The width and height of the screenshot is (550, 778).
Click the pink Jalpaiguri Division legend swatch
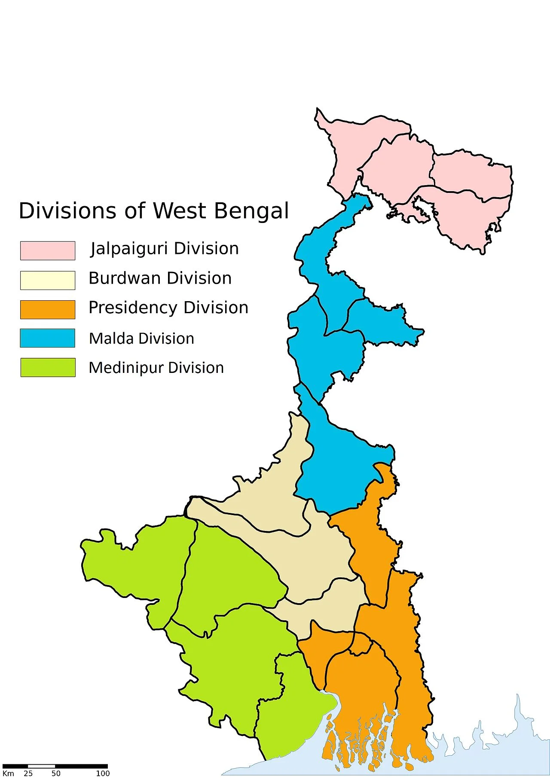[x=48, y=250]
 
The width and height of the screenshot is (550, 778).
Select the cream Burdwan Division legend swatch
[x=48, y=280]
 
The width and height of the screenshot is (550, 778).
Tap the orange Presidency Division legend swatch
[x=48, y=309]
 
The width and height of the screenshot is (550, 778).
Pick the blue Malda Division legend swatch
[x=48, y=338]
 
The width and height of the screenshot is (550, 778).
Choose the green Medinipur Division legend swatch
[x=48, y=367]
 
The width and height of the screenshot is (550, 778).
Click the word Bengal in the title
[x=251, y=211]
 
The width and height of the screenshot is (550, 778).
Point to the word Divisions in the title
[x=67, y=211]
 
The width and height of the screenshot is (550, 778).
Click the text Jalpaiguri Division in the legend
[x=164, y=249]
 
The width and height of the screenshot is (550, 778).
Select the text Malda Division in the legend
[x=141, y=339]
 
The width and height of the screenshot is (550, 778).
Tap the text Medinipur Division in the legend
[x=156, y=368]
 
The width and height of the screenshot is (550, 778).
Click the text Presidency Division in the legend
[x=168, y=308]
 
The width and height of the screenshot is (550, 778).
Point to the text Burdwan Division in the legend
[x=160, y=278]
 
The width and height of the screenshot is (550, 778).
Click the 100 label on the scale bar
[x=103, y=773]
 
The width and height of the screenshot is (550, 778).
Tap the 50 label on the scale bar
[x=56, y=773]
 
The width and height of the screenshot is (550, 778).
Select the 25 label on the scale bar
[x=28, y=773]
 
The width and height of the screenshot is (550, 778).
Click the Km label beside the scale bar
[x=8, y=773]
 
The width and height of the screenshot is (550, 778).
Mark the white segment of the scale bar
[x=41, y=766]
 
